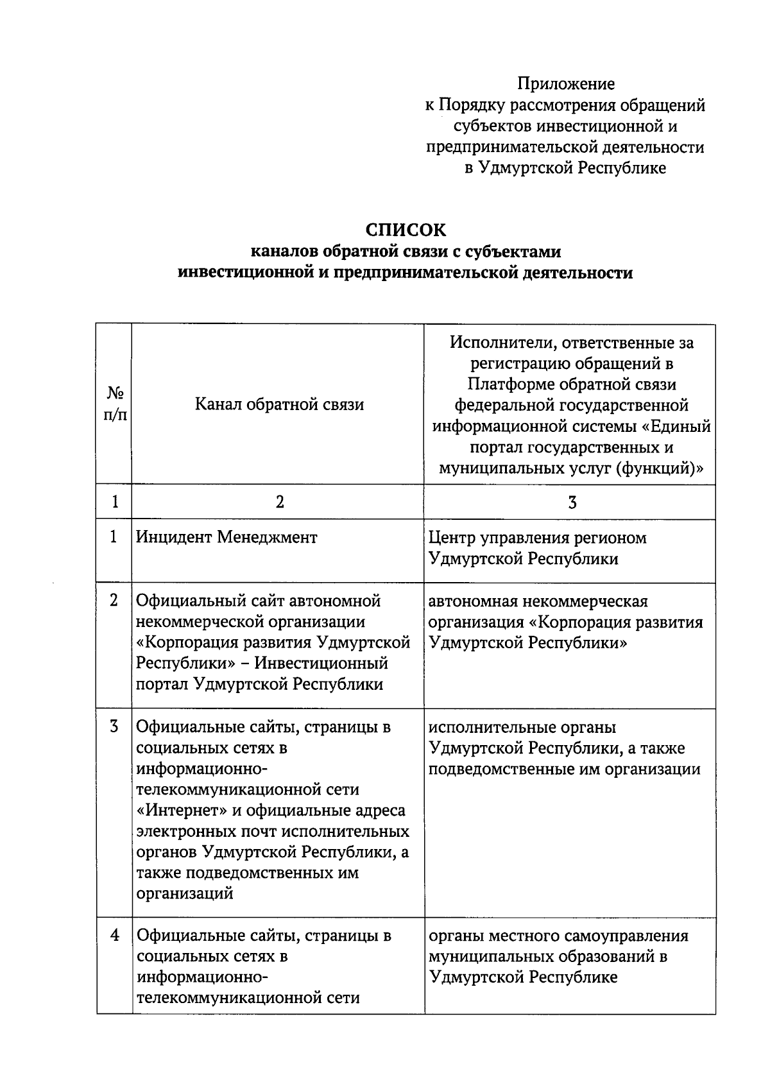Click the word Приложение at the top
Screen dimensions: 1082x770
(566, 83)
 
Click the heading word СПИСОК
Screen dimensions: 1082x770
(405, 230)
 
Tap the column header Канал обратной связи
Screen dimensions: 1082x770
(279, 405)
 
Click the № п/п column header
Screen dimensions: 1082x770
(115, 404)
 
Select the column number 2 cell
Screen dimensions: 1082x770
(279, 502)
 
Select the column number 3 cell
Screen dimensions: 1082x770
(572, 502)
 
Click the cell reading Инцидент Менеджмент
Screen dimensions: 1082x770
(227, 537)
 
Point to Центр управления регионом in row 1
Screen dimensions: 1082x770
(537, 538)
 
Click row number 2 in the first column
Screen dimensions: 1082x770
(114, 600)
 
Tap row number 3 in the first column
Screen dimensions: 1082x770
(114, 726)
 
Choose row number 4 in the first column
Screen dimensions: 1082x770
(114, 935)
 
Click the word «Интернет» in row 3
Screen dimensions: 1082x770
(181, 811)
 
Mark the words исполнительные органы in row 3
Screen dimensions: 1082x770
(522, 727)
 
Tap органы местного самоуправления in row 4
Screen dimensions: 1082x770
(558, 936)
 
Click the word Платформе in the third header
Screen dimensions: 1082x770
(511, 384)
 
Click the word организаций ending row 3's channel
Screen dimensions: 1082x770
(184, 893)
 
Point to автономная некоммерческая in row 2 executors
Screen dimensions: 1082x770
(538, 601)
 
